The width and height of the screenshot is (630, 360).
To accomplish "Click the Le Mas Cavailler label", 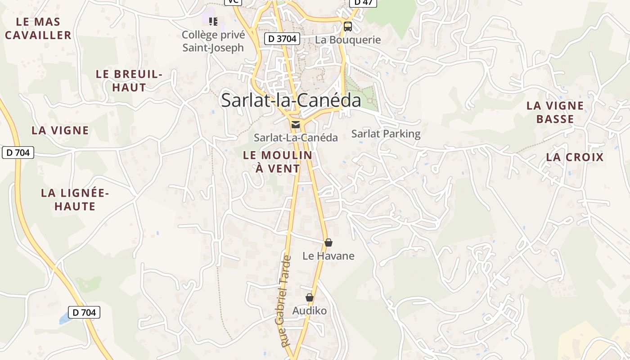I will point(38,28).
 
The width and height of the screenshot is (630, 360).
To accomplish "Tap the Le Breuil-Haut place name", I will point(129,81).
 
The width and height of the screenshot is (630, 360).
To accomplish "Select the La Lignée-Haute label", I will point(75,200).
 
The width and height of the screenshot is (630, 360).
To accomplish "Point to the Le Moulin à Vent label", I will point(278,162).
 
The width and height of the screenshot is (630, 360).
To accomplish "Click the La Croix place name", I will point(575,157).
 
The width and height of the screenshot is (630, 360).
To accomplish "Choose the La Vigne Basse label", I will point(555,112).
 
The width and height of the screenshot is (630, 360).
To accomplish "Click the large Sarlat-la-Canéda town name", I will point(291,100).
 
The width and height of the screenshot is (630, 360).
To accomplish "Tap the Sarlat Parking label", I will point(386,134).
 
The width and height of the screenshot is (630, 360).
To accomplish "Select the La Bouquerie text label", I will point(348,40).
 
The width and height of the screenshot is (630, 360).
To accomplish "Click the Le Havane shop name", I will point(328,256).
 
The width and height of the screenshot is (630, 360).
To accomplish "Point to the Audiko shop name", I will point(310,311).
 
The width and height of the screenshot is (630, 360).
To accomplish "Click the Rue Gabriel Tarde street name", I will point(286,301).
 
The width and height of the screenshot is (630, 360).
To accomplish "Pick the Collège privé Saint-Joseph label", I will point(213,41).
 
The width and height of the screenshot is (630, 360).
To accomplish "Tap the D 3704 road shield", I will point(282,39).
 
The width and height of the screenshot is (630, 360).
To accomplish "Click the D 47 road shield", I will point(363,2).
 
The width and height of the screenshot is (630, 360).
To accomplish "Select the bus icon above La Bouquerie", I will point(348,26).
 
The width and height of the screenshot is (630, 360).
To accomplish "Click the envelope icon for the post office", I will point(296,125).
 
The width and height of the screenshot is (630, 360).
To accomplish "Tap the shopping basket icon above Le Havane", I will point(328,243).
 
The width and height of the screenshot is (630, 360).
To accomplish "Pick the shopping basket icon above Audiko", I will point(310,297).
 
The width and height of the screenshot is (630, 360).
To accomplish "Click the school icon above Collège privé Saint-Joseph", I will point(213,21).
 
